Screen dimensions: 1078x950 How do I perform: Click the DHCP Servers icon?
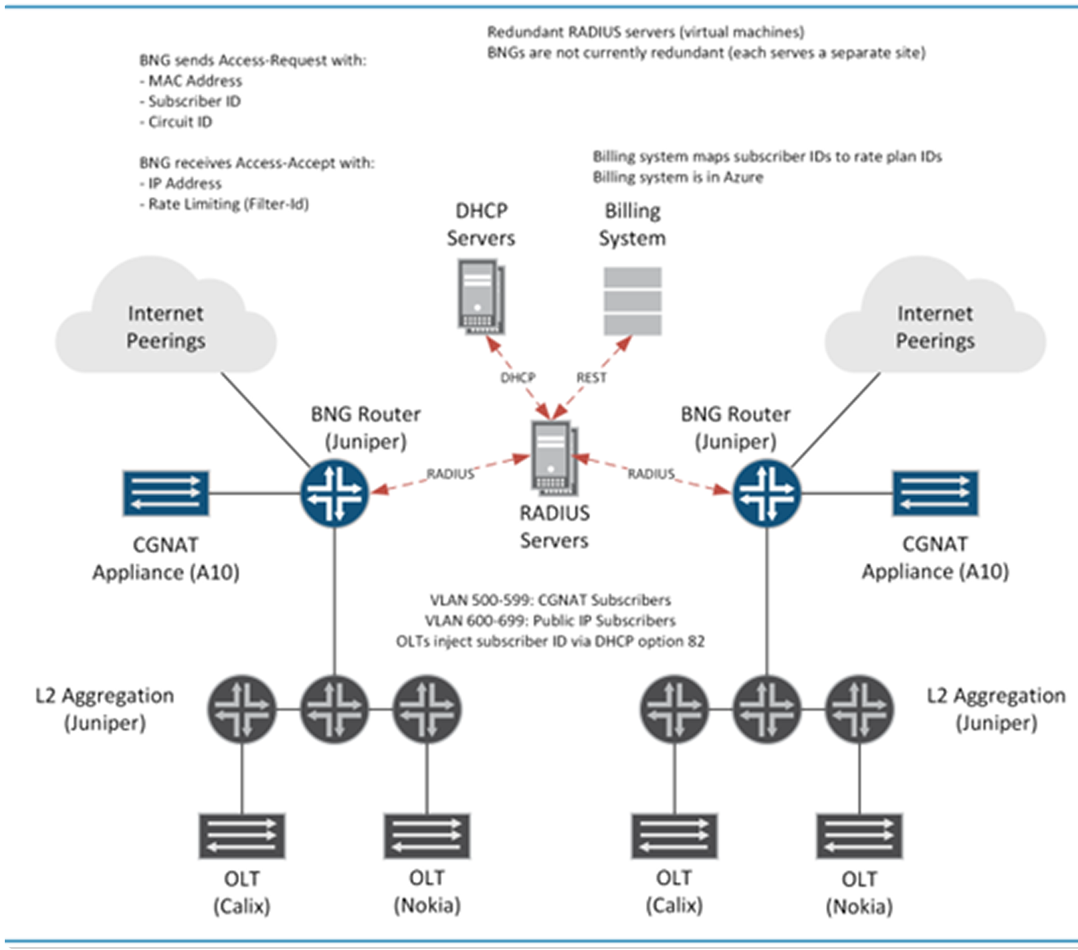481,297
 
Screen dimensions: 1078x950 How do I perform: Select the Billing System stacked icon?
633,301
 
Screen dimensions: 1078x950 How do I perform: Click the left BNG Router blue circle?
334,493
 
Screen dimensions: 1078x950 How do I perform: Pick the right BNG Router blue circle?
767,493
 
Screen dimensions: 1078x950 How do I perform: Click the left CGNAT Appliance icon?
166,493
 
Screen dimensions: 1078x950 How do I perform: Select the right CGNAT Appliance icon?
935,493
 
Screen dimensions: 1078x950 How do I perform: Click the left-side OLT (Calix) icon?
242,836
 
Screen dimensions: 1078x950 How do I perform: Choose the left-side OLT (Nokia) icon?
427,836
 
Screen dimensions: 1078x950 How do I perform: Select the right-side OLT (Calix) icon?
674,836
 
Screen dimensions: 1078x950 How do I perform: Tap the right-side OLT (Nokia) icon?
859,836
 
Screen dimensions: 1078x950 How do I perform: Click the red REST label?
591,378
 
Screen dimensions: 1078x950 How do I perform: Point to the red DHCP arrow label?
518,378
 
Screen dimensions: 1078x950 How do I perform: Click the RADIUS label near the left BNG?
450,474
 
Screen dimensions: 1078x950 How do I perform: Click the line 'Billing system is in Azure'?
678,177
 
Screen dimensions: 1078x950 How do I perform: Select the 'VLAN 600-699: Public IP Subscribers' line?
550,621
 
